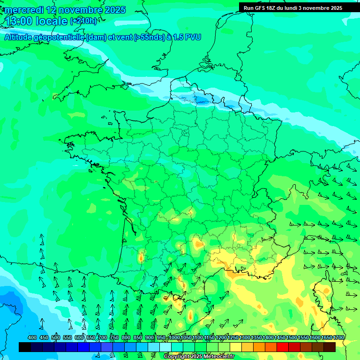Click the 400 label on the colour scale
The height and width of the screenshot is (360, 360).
pyautogui.click(x=32, y=337)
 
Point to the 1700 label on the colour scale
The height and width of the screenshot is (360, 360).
pyautogui.click(x=338, y=337)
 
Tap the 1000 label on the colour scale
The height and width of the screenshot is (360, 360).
pyautogui.click(x=174, y=337)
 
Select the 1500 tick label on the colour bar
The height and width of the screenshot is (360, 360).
pyautogui.click(x=291, y=337)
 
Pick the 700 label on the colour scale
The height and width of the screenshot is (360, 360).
pyautogui.click(x=103, y=337)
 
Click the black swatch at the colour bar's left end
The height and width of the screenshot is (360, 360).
pyautogui.click(x=25, y=347)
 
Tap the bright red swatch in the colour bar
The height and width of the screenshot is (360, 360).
pyautogui.click(x=283, y=347)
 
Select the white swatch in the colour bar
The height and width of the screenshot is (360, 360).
pyautogui.click(x=165, y=347)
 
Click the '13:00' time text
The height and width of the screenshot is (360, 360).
pyautogui.click(x=19, y=21)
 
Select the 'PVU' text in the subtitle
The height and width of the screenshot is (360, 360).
pyautogui.click(x=193, y=37)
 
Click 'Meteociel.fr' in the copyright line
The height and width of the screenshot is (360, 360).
pyautogui.click(x=218, y=357)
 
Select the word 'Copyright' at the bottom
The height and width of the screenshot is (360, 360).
pyautogui.click(x=177, y=357)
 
